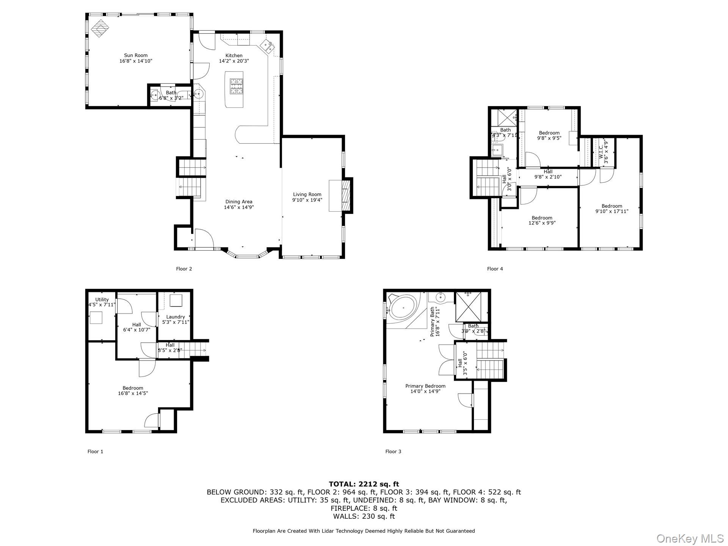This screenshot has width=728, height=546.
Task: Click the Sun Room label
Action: [136, 55]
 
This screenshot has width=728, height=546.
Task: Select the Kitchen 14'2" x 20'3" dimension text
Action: [234, 61]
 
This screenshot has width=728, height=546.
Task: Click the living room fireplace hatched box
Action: [345, 195]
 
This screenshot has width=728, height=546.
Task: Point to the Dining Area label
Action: [238, 202]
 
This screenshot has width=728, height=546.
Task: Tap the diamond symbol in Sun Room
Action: [100, 28]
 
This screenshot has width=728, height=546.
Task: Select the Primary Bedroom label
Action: [425, 386]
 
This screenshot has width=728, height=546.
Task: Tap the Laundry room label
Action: [176, 317]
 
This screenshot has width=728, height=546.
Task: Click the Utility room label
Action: [102, 300]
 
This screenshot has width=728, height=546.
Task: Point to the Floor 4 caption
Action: [495, 269]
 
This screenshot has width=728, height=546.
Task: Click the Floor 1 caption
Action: [95, 452]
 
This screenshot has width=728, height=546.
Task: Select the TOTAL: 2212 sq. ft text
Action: [364, 484]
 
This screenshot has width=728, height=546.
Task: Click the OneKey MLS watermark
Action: [690, 538]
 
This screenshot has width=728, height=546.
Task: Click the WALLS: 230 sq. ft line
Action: [364, 516]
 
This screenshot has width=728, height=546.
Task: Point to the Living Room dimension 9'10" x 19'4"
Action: [307, 200]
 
